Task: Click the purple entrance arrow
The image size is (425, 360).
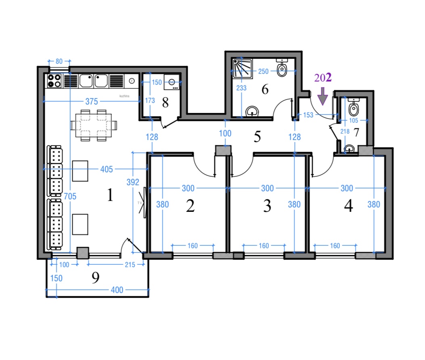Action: (322, 96)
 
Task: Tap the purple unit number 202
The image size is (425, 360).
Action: (323, 78)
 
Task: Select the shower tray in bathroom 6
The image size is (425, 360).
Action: (243, 69)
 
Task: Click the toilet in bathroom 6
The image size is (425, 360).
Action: (282, 68)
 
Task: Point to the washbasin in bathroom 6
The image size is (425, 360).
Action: (252, 111)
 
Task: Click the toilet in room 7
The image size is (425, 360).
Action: (354, 107)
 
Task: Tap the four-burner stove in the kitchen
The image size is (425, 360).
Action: (54, 81)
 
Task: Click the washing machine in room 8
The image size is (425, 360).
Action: (172, 82)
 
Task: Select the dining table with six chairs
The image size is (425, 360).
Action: (94, 126)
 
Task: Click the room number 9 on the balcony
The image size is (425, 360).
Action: (95, 278)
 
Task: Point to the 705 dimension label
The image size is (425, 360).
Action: (70, 196)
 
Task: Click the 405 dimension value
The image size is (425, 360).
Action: (107, 170)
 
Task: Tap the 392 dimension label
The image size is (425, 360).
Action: (133, 182)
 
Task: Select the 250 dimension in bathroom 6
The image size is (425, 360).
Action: (263, 71)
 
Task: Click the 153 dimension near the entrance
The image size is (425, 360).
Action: (308, 115)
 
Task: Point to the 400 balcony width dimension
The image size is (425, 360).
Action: (117, 290)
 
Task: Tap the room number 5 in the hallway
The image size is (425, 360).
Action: (257, 137)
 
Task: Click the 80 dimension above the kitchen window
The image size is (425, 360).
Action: (59, 61)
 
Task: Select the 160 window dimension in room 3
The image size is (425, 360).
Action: (264, 246)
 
